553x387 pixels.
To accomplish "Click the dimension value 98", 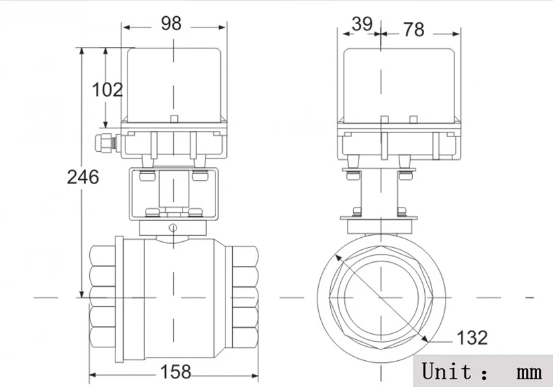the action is tap(171, 24).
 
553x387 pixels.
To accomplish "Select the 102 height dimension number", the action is tap(107, 89).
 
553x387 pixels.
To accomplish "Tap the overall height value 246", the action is tap(83, 177).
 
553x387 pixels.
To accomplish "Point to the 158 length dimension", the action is tap(176, 372).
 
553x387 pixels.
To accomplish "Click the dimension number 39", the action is tap(362, 24).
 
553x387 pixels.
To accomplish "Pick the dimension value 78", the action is tap(413, 30).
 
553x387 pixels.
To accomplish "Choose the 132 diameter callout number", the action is tap(472, 337).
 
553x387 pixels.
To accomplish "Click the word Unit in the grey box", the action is tap(446, 371).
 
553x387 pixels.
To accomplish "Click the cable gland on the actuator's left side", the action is tap(106, 142).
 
